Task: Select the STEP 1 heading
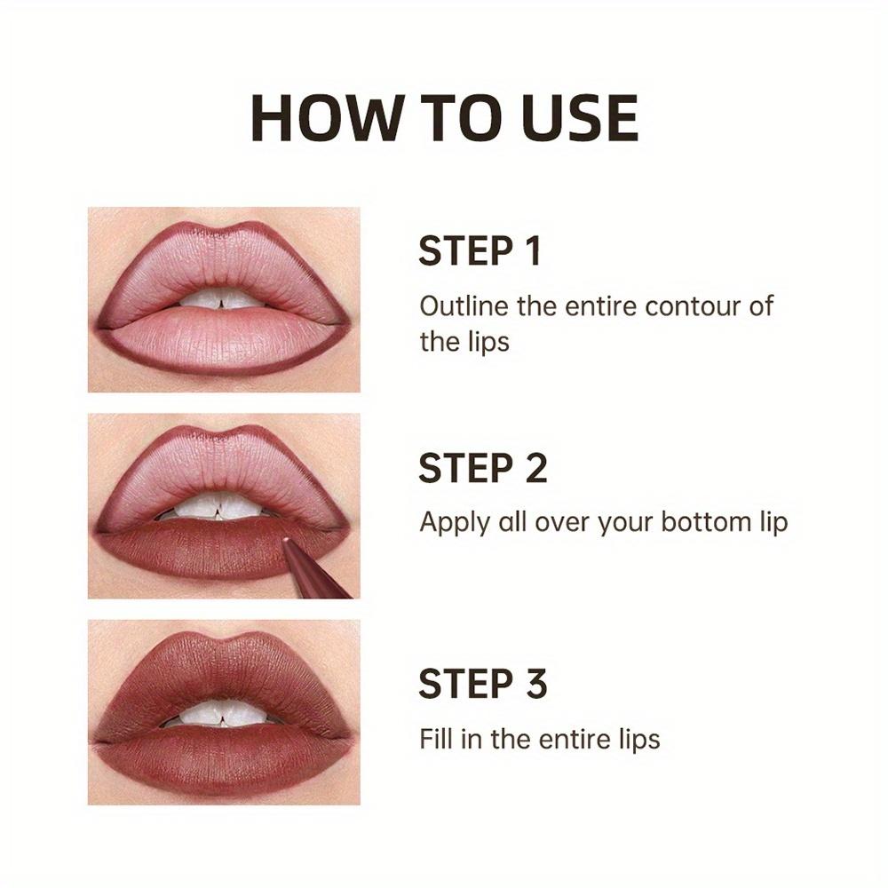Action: pyautogui.click(x=480, y=251)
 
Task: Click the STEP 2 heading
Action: pyautogui.click(x=483, y=468)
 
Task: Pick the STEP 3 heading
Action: pyautogui.click(x=483, y=685)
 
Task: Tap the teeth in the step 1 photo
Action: pyautogui.click(x=222, y=300)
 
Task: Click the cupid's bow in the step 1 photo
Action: pyautogui.click(x=223, y=233)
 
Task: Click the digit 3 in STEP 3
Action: pyautogui.click(x=533, y=685)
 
